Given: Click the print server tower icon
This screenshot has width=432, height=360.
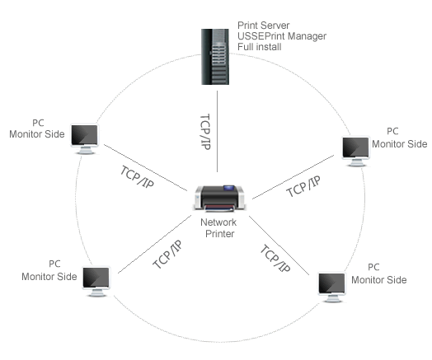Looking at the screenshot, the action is (x=215, y=57).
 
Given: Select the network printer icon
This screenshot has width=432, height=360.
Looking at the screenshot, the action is (x=219, y=199).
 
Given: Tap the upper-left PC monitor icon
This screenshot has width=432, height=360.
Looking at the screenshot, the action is (x=85, y=139).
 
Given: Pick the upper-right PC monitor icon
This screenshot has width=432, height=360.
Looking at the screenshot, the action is (x=355, y=152).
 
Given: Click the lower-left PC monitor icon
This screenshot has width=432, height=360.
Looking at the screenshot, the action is (x=96, y=282).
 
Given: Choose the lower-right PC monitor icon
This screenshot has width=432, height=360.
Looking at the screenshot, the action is (x=331, y=288).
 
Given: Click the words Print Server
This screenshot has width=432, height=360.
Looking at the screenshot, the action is (x=263, y=26).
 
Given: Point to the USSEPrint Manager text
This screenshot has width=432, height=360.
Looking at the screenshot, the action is (x=282, y=36).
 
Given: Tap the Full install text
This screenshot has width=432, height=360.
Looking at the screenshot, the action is (x=259, y=47).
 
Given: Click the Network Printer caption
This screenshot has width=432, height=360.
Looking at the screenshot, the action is (x=218, y=228).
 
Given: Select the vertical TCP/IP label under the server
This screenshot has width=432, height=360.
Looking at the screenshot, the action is (x=205, y=132).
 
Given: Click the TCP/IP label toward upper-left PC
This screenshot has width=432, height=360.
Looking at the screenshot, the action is (x=137, y=177).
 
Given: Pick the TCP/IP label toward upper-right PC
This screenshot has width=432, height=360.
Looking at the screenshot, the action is (x=303, y=186).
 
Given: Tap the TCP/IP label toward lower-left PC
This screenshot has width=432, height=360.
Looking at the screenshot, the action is (x=167, y=255).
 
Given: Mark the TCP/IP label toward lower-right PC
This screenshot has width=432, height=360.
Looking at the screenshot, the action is (x=275, y=259).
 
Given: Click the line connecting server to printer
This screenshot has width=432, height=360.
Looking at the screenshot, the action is (x=217, y=132).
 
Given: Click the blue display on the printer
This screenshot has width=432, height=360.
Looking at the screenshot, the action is (x=228, y=188).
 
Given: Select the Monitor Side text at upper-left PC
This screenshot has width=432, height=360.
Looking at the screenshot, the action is (x=37, y=134).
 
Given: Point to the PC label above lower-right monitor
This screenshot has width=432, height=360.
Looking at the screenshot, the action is (x=373, y=267).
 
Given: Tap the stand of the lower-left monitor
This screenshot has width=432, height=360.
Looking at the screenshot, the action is (x=96, y=293).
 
